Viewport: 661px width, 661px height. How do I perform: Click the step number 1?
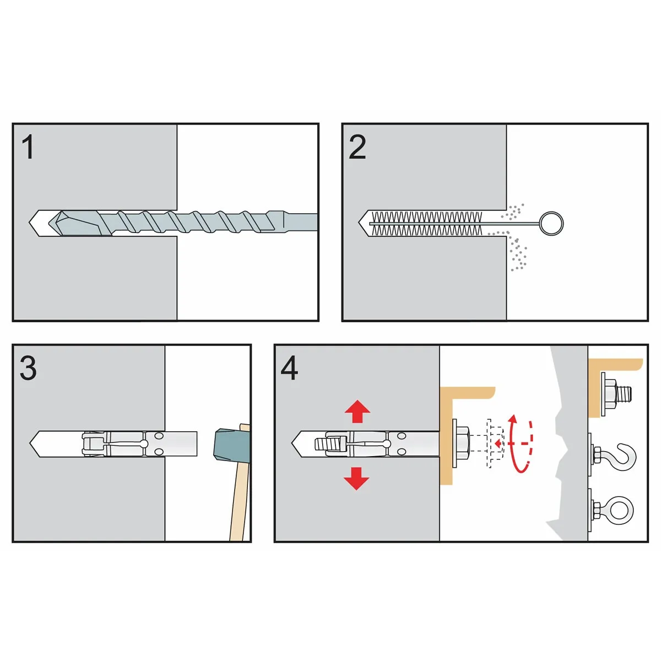pos(28,147)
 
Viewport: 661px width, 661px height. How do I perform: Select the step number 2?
pos(357,147)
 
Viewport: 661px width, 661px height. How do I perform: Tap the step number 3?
pos(28,368)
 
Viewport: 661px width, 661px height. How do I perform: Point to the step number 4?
pos(289,368)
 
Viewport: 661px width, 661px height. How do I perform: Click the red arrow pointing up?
pos(357,411)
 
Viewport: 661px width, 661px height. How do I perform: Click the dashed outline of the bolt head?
pos(495,443)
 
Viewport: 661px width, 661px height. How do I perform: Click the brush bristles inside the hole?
pos(427,224)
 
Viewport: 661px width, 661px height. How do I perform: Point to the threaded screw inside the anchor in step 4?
pos(327,444)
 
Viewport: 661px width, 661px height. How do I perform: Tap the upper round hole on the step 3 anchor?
pos(159,436)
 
